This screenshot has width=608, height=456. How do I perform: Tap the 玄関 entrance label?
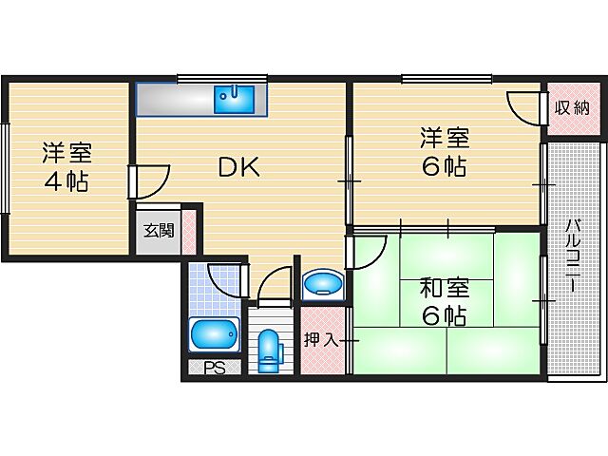pos(159,231)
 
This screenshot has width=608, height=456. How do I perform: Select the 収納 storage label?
pos(572,107)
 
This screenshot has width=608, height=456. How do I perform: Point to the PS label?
pos(215,369)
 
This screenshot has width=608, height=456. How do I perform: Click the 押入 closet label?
pos(321,339)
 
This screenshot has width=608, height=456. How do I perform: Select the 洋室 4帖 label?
pos(65,166)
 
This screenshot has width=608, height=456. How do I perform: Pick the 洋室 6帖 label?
pos(444,152)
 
